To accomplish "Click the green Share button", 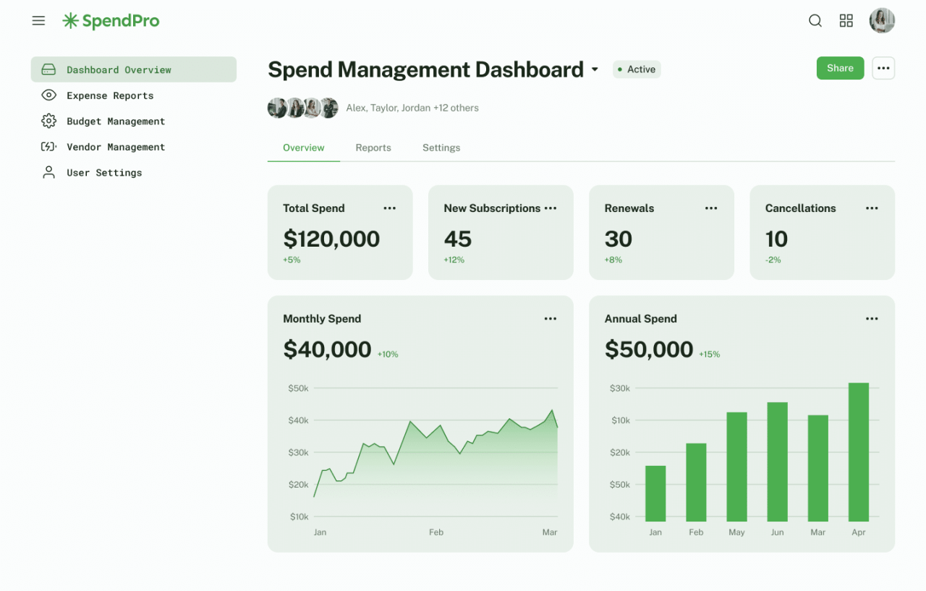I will point(840,68).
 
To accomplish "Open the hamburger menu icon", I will point(38,21).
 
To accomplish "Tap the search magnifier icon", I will point(815,21).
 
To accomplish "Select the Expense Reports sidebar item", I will point(109,95).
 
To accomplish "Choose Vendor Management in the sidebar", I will point(115,147).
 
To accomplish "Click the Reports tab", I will point(373,148).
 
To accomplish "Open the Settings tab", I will point(441,148).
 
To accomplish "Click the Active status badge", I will point(637,69).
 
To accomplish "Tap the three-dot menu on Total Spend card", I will point(390,208).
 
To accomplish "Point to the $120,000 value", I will point(331,239).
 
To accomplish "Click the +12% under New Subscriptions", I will point(454,260).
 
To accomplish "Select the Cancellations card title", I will point(800,208).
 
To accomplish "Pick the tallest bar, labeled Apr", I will point(859,452).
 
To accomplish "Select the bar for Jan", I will point(655,493).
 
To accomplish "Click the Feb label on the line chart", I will point(436,532).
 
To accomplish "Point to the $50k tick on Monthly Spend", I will point(298,388).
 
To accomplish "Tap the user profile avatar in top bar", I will point(882,21).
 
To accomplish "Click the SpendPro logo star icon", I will point(70,21).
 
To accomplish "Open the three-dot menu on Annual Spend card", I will point(872,319).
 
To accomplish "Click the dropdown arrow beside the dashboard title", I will point(595,69).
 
